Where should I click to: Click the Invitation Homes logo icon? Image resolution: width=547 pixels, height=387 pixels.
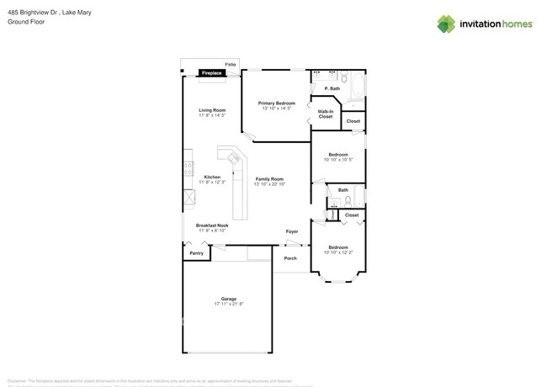[x=446, y=24]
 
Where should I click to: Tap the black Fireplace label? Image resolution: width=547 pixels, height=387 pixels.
[x=212, y=74]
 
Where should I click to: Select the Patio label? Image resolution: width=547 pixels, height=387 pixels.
[x=230, y=64]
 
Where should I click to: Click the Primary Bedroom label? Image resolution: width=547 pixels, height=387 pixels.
[x=276, y=103]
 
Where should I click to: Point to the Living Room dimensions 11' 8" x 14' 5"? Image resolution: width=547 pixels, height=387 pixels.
[x=212, y=115]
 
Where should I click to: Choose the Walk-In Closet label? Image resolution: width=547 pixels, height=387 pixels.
[x=325, y=114]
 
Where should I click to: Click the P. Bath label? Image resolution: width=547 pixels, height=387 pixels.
[x=332, y=89]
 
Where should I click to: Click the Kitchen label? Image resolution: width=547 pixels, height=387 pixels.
[x=212, y=177]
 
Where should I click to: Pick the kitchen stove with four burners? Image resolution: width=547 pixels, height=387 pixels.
[x=189, y=168]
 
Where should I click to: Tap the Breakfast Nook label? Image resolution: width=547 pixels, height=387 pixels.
[x=212, y=225]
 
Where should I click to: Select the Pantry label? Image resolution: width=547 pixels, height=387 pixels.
[x=196, y=253]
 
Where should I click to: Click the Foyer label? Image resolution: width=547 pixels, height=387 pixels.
[x=292, y=231]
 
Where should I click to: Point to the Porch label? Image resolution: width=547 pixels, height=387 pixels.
[x=290, y=258]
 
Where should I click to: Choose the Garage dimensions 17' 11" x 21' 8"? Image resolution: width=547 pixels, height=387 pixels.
[x=229, y=304]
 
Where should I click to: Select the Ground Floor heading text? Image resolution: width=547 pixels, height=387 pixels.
[x=26, y=22]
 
